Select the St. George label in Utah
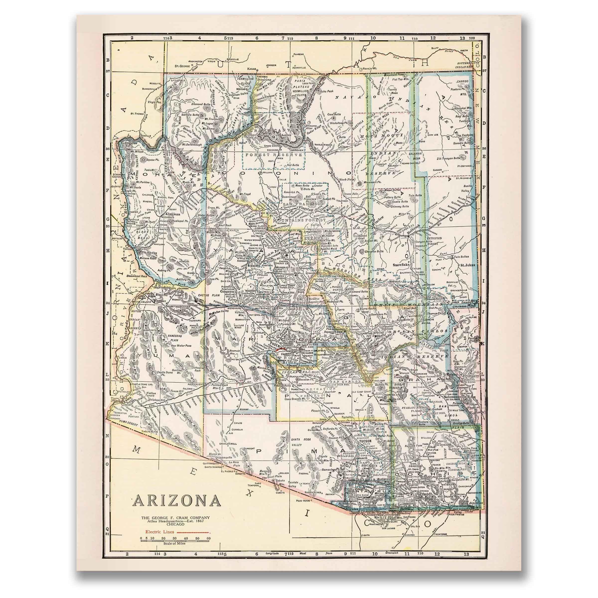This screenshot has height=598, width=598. click(181, 66)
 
